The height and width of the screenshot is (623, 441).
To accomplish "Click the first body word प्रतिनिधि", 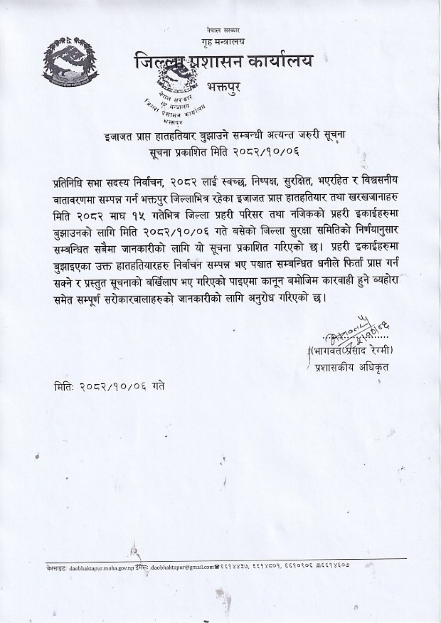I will tap(70, 181).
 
